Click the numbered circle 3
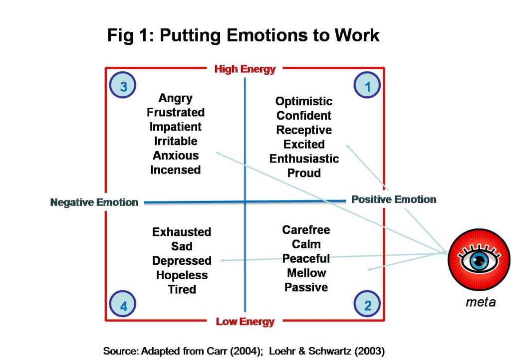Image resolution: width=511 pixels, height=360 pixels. point(123,87)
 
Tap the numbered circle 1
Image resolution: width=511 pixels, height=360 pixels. point(367,87)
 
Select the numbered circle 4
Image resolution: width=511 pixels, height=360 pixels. point(123,306)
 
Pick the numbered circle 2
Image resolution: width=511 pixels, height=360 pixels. point(367,305)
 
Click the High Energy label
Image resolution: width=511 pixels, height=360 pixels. point(245,69)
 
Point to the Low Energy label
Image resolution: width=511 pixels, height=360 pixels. point(245,322)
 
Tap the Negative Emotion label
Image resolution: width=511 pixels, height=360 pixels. point(94,202)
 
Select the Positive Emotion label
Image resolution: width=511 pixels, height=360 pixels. point(394,199)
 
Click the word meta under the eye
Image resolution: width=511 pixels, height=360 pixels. point(480,302)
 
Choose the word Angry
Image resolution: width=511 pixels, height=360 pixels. point(175,98)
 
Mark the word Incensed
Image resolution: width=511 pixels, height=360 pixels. point(175,170)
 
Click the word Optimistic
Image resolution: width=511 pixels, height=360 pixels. point(303,101)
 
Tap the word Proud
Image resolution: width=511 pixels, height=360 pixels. point(303,173)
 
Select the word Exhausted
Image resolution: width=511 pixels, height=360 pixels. point(182,232)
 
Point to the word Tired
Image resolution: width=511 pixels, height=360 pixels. point(182,289)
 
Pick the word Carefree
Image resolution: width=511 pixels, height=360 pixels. point(306,230)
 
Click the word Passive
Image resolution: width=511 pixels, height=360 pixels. point(306,287)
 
